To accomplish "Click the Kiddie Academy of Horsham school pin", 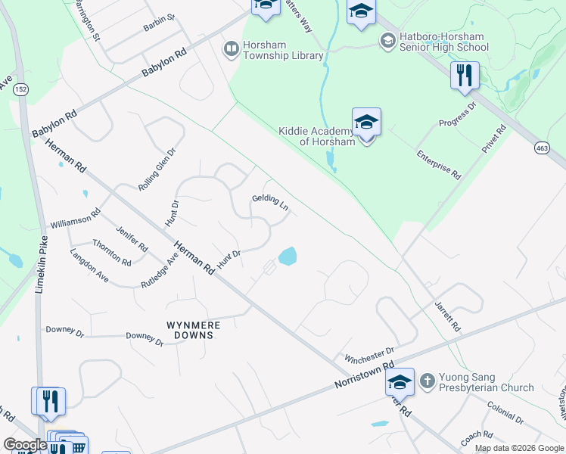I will (366, 123).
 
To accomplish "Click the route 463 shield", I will (542, 149).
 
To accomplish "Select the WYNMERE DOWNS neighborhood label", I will (194, 330).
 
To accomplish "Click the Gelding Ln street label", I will (271, 203).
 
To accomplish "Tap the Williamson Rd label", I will (76, 220).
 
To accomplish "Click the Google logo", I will (26, 445).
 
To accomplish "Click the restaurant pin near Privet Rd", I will (465, 76).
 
